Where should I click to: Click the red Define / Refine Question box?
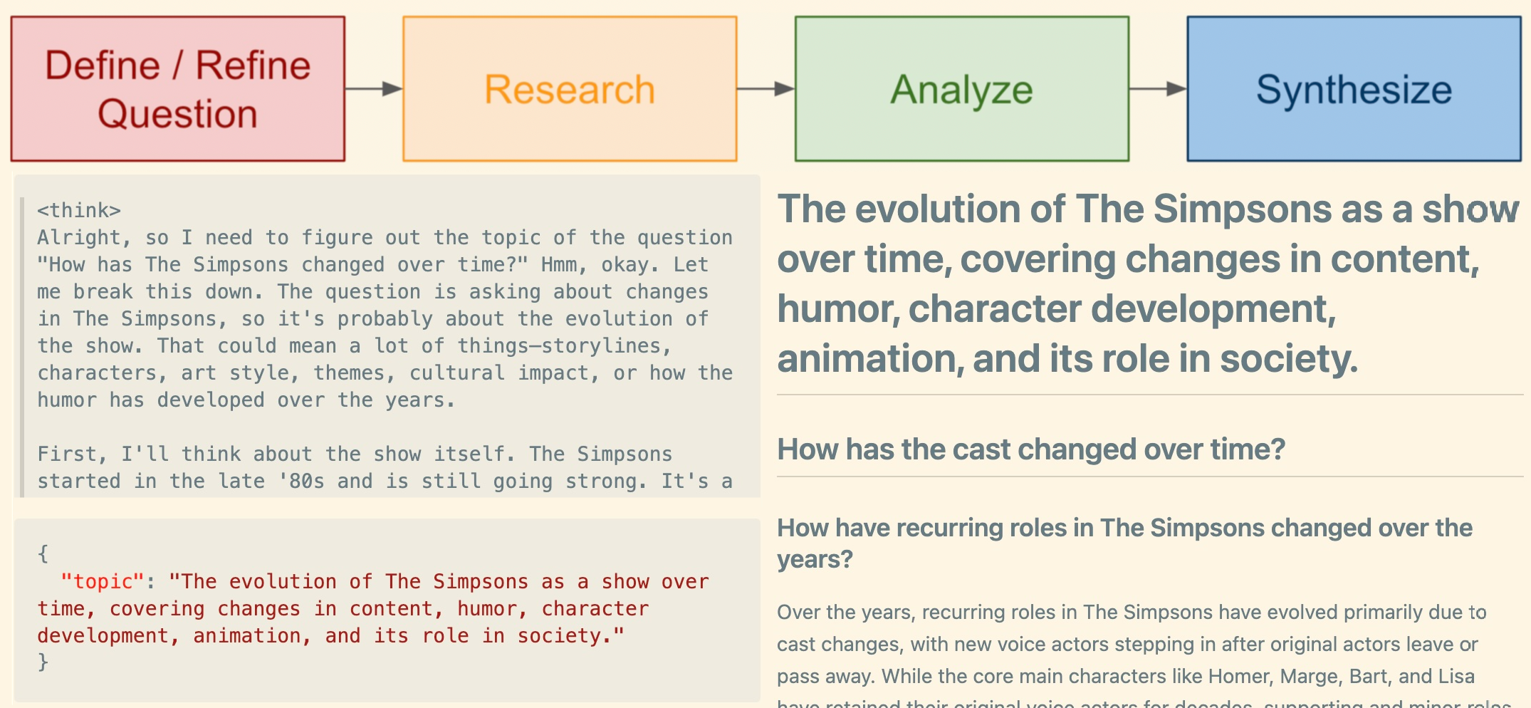click(177, 89)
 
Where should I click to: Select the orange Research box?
click(569, 89)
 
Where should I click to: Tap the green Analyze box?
click(961, 89)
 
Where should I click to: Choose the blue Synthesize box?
click(1353, 89)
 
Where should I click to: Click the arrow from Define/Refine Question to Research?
click(374, 89)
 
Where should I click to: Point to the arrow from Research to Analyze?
click(765, 89)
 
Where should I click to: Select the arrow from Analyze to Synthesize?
click(1158, 89)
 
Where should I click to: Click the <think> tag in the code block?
click(79, 211)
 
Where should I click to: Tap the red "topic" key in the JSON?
click(103, 582)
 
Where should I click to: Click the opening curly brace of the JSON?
click(43, 553)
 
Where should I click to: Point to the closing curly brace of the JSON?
click(43, 662)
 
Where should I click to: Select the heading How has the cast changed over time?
click(1030, 449)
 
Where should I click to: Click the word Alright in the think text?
click(79, 238)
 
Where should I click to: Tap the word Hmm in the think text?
click(558, 265)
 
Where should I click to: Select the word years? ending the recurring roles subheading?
click(814, 560)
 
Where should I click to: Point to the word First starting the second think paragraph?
click(71, 454)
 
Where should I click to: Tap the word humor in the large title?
click(837, 309)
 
